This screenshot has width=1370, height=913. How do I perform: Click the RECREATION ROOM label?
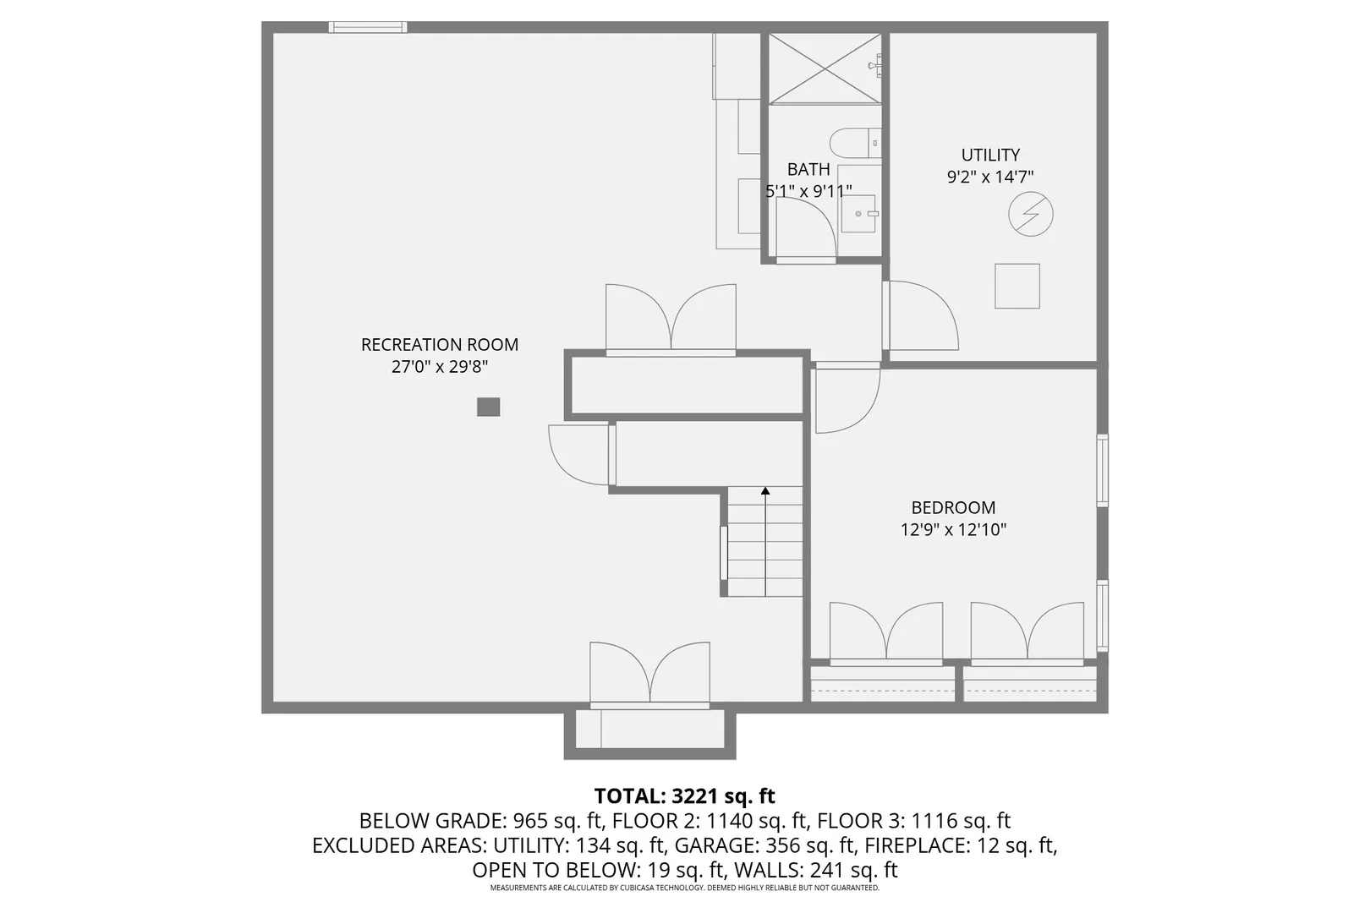coord(439,345)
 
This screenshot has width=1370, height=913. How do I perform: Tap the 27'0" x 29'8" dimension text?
coord(439,367)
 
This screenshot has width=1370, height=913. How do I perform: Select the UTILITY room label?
coord(990,156)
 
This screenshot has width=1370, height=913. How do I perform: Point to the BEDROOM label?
coord(953,508)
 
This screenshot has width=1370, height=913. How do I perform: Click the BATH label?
coord(808,170)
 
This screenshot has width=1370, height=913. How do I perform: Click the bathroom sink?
coord(859,214)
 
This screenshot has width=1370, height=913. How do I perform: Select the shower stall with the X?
coord(825,68)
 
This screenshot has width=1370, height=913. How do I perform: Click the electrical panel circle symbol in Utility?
coord(1030,214)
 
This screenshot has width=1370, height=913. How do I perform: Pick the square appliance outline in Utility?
coord(1017,286)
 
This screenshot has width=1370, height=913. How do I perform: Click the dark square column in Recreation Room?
coord(488,407)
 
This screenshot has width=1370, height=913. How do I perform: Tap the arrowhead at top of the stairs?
coord(765,490)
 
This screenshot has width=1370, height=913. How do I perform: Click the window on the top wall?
coord(368,27)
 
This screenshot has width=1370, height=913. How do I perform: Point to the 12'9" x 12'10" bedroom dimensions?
coord(953,530)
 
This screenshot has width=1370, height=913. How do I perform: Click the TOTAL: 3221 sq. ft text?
coord(684,796)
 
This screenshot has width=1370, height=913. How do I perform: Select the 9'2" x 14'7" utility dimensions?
coord(990,178)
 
